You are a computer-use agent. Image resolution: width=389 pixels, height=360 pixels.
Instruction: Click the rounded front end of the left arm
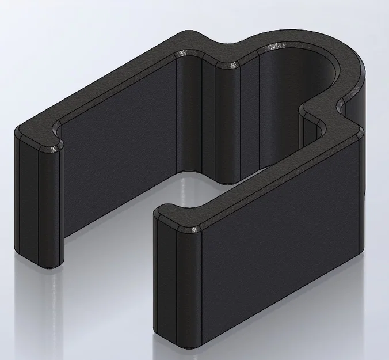pos(37,202)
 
